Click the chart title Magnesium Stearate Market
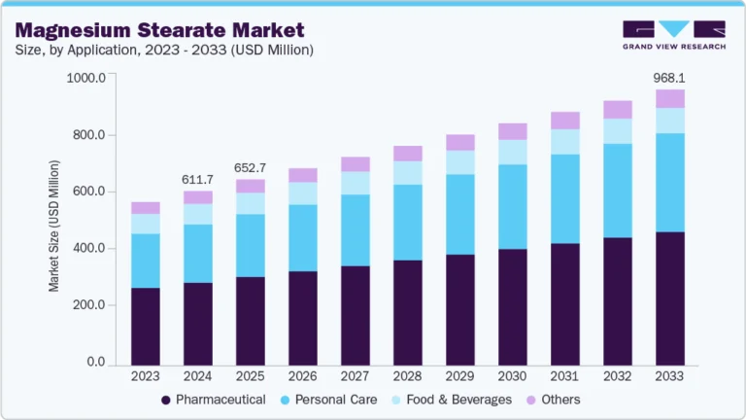[x=159, y=29]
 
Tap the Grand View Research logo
[x=673, y=34]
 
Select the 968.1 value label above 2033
[x=669, y=77]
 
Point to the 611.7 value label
[x=198, y=179]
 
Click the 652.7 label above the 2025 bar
[x=251, y=167]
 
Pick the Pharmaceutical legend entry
[x=220, y=400]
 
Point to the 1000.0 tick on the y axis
[x=85, y=78]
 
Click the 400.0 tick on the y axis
[x=88, y=249]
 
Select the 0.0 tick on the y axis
[x=95, y=363]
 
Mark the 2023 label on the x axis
[x=146, y=375]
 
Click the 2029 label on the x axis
[x=459, y=375]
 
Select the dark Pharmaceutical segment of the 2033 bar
[x=669, y=297]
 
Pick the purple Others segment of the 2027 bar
[x=356, y=163]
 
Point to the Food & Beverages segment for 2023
[x=146, y=224]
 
